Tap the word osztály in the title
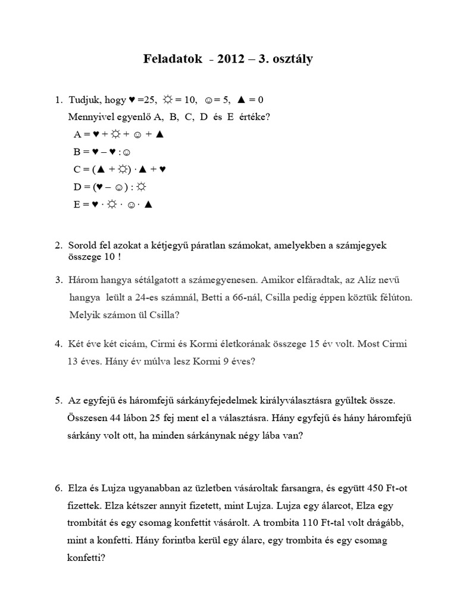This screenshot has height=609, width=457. [292, 59]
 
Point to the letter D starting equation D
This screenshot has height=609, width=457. [77, 187]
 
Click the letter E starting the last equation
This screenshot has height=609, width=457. [77, 204]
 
